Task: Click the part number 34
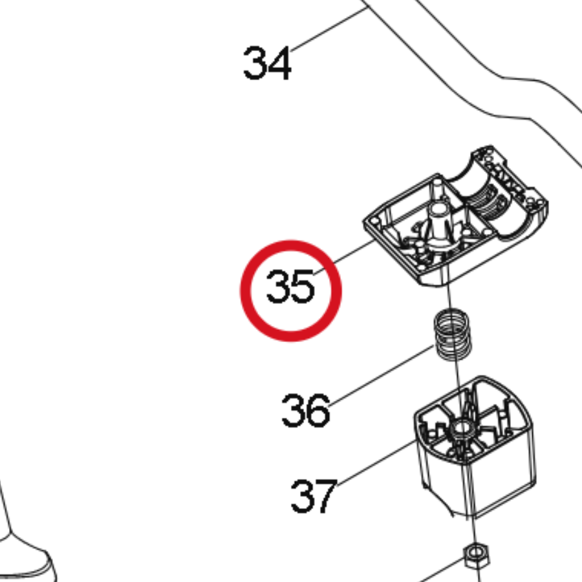(x=266, y=63)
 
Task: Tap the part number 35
(x=290, y=286)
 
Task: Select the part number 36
(x=305, y=410)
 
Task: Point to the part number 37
(x=314, y=496)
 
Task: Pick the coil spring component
(x=453, y=336)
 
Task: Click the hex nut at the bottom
(x=476, y=556)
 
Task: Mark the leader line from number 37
(x=378, y=462)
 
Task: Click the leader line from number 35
(x=344, y=257)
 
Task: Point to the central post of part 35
(x=438, y=219)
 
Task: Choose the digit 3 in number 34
(x=254, y=63)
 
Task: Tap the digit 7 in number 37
(x=326, y=496)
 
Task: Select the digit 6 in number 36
(x=318, y=410)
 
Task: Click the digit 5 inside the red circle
(x=303, y=286)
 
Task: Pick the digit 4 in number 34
(x=279, y=63)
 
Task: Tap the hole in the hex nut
(x=476, y=555)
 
